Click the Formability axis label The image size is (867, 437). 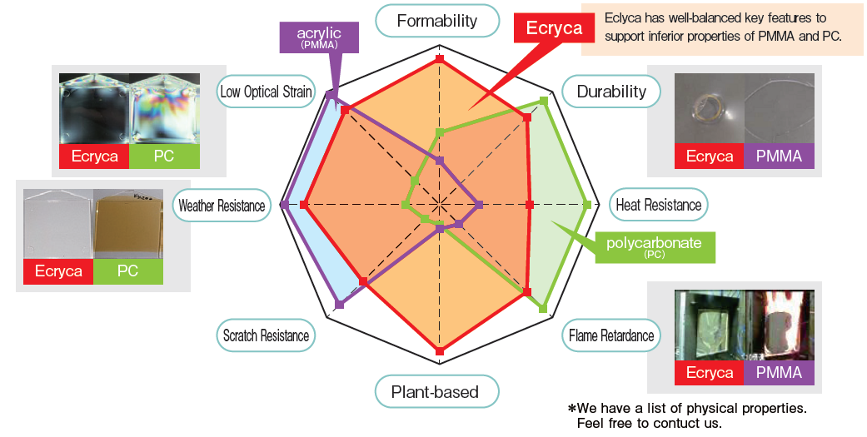tap(437, 21)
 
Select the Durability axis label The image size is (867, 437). tap(611, 92)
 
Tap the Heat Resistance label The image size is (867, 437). tap(658, 204)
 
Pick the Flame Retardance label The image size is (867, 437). tap(611, 335)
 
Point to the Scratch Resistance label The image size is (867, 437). tap(266, 335)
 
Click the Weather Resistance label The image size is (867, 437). tap(222, 205)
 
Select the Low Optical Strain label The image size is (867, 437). tap(266, 92)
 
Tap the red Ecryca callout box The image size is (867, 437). tap(554, 28)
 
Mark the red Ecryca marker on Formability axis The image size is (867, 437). tap(440, 60)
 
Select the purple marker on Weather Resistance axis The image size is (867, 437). tap(286, 204)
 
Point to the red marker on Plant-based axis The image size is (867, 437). tap(440, 352)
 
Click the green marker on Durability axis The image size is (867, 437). tap(544, 101)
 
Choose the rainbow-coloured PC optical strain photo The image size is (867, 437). tap(165, 108)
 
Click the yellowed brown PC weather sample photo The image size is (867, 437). tap(127, 224)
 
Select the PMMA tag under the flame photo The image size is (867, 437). tap(779, 372)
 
